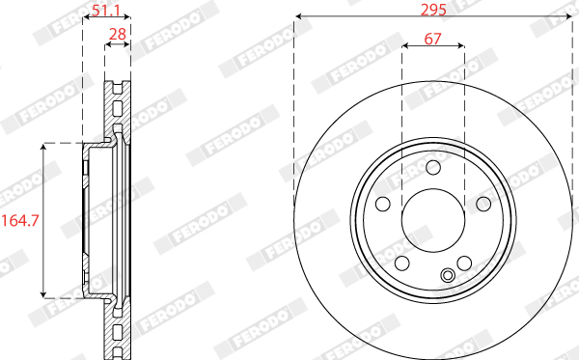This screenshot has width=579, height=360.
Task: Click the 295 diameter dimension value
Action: [433, 9]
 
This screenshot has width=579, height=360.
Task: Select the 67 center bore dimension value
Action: [432, 39]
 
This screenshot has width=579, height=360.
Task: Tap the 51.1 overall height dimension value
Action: [106, 11]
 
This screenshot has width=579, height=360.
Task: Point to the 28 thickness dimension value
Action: [118, 34]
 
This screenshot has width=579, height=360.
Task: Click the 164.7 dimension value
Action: [20, 220]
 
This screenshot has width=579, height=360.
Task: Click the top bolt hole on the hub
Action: [433, 167]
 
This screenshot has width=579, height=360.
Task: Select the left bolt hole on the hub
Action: [383, 204]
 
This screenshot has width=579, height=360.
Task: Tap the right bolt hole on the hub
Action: [483, 204]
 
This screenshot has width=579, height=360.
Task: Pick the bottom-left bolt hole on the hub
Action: [402, 263]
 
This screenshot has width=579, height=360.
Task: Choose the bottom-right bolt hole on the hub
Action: [464, 263]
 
